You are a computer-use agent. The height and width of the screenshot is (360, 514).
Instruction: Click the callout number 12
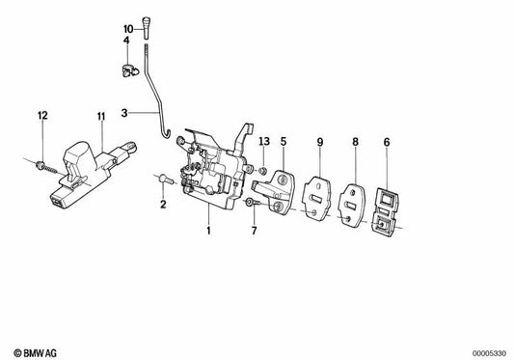pyautogui.click(x=41, y=117)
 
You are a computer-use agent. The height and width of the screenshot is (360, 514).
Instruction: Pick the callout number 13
pyautogui.click(x=263, y=143)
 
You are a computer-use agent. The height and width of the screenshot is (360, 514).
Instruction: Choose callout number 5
pyautogui.click(x=284, y=143)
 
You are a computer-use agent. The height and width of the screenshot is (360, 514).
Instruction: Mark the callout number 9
pyautogui.click(x=318, y=143)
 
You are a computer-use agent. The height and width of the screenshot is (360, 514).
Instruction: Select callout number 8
pyautogui.click(x=355, y=143)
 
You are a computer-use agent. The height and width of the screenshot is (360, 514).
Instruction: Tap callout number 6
pyautogui.click(x=388, y=143)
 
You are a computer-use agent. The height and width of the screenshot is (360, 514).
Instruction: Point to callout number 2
pyautogui.click(x=163, y=205)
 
